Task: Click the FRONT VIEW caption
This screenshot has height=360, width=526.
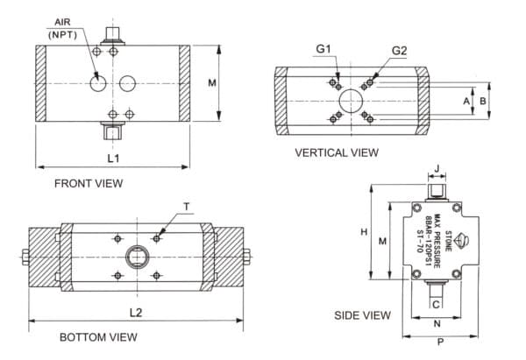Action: pyautogui.click(x=89, y=184)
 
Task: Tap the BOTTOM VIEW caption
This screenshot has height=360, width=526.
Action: pyautogui.click(x=98, y=337)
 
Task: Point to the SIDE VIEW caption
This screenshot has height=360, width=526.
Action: pyautogui.click(x=362, y=314)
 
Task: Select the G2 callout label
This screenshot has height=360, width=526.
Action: pyautogui.click(x=399, y=51)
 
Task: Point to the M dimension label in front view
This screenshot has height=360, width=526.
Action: pyautogui.click(x=211, y=83)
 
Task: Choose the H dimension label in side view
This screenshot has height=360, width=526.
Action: pyautogui.click(x=363, y=231)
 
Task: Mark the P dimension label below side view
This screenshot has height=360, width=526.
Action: pyautogui.click(x=439, y=344)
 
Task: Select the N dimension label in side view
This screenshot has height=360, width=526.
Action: pyautogui.click(x=437, y=322)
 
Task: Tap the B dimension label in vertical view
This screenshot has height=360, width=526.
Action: pyautogui.click(x=483, y=101)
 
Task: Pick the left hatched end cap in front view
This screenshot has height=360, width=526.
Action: pyautogui.click(x=41, y=83)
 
